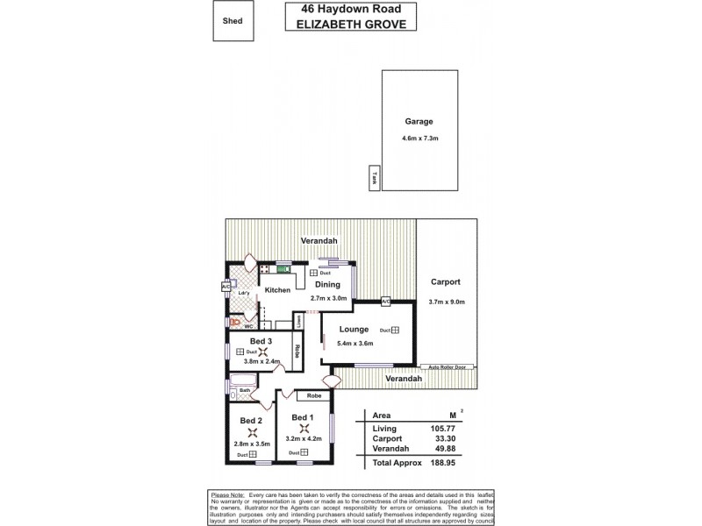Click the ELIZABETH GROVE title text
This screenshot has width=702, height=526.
pos(349,25)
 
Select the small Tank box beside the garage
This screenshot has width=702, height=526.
pos(373,177)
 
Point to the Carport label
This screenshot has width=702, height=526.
pos(446,282)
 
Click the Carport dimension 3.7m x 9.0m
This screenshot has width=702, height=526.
pos(447,302)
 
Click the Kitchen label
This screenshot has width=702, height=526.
pos(277,290)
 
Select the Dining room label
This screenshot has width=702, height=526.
pos(328,285)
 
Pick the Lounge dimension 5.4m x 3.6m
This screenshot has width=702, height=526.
pos(355,344)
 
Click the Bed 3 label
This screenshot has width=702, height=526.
pos(261,341)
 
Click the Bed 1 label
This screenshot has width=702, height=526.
pos(303,416)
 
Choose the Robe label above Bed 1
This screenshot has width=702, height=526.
pos(313,396)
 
